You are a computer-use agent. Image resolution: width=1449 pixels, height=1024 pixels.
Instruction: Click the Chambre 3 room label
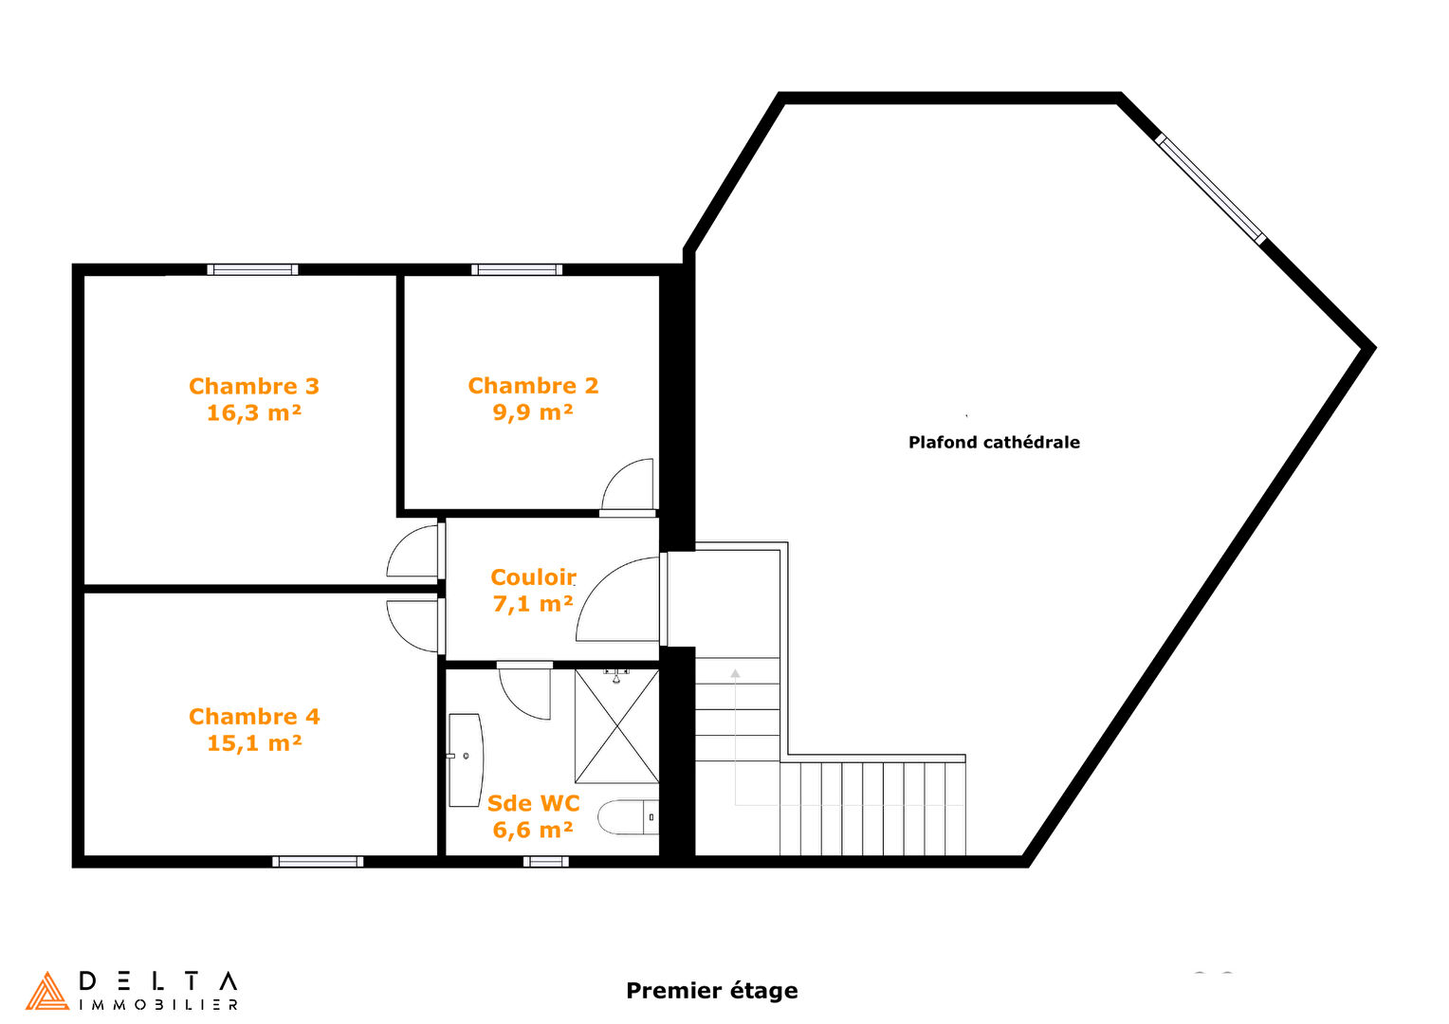pyautogui.click(x=254, y=386)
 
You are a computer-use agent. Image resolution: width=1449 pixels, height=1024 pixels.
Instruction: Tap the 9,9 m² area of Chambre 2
pyautogui.click(x=533, y=412)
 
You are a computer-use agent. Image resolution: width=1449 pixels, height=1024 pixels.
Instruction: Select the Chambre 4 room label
pyautogui.click(x=254, y=717)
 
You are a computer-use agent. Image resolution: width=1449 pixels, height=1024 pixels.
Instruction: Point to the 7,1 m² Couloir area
pyautogui.click(x=533, y=604)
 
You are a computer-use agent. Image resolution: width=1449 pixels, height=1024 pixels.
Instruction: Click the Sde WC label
pyautogui.click(x=533, y=803)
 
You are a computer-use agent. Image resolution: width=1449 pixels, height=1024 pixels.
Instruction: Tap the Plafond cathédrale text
pyautogui.click(x=994, y=443)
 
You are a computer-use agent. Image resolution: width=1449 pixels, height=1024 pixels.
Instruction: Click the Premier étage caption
pyautogui.click(x=711, y=991)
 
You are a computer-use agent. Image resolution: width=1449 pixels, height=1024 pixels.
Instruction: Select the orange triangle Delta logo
pyautogui.click(x=46, y=991)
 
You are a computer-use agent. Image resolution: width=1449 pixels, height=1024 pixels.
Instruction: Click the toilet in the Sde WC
pyautogui.click(x=628, y=817)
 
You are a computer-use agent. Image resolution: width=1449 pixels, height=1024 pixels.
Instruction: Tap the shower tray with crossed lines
pyautogui.click(x=616, y=726)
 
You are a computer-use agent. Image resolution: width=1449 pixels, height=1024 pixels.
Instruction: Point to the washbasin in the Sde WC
pyautogui.click(x=466, y=760)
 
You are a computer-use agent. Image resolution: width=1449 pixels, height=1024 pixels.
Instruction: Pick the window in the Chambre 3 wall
pyautogui.click(x=252, y=269)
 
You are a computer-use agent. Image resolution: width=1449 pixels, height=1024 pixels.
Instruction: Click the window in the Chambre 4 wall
pyautogui.click(x=318, y=862)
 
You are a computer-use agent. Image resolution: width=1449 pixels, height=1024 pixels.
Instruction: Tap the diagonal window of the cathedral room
pyautogui.click(x=1210, y=189)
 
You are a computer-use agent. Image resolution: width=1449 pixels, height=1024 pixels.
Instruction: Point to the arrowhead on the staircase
pyautogui.click(x=736, y=673)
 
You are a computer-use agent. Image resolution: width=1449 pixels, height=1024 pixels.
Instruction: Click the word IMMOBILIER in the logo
pyautogui.click(x=158, y=1005)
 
